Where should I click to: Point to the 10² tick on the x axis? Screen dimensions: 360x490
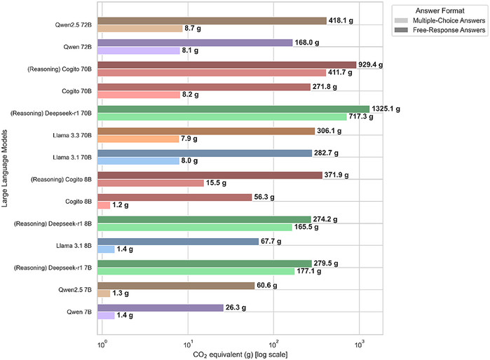click(x=274, y=341)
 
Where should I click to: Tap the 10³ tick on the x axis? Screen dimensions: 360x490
click(x=360, y=341)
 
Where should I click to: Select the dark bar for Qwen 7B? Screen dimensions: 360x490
click(x=161, y=307)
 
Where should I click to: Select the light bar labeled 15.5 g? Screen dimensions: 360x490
click(x=151, y=183)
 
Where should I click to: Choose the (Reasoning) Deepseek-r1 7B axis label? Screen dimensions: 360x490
click(x=57, y=268)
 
